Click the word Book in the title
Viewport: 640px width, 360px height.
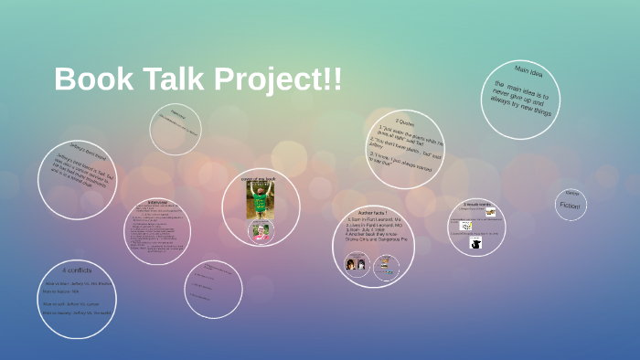tap(91, 79)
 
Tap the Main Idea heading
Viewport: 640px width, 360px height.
tap(528, 70)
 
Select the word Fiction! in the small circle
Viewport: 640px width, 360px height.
tap(571, 206)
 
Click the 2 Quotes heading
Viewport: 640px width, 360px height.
tap(404, 121)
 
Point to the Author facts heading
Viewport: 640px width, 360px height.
tap(373, 212)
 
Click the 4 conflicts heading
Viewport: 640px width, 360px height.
tap(77, 270)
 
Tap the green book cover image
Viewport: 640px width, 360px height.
tap(261, 201)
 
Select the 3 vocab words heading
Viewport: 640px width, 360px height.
tap(477, 205)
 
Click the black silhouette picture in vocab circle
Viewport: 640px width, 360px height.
tap(475, 243)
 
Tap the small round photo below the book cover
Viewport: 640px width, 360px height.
tap(261, 232)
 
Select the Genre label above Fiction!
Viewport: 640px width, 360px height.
tap(571, 194)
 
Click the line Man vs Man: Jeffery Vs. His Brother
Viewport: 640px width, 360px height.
tap(76, 283)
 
